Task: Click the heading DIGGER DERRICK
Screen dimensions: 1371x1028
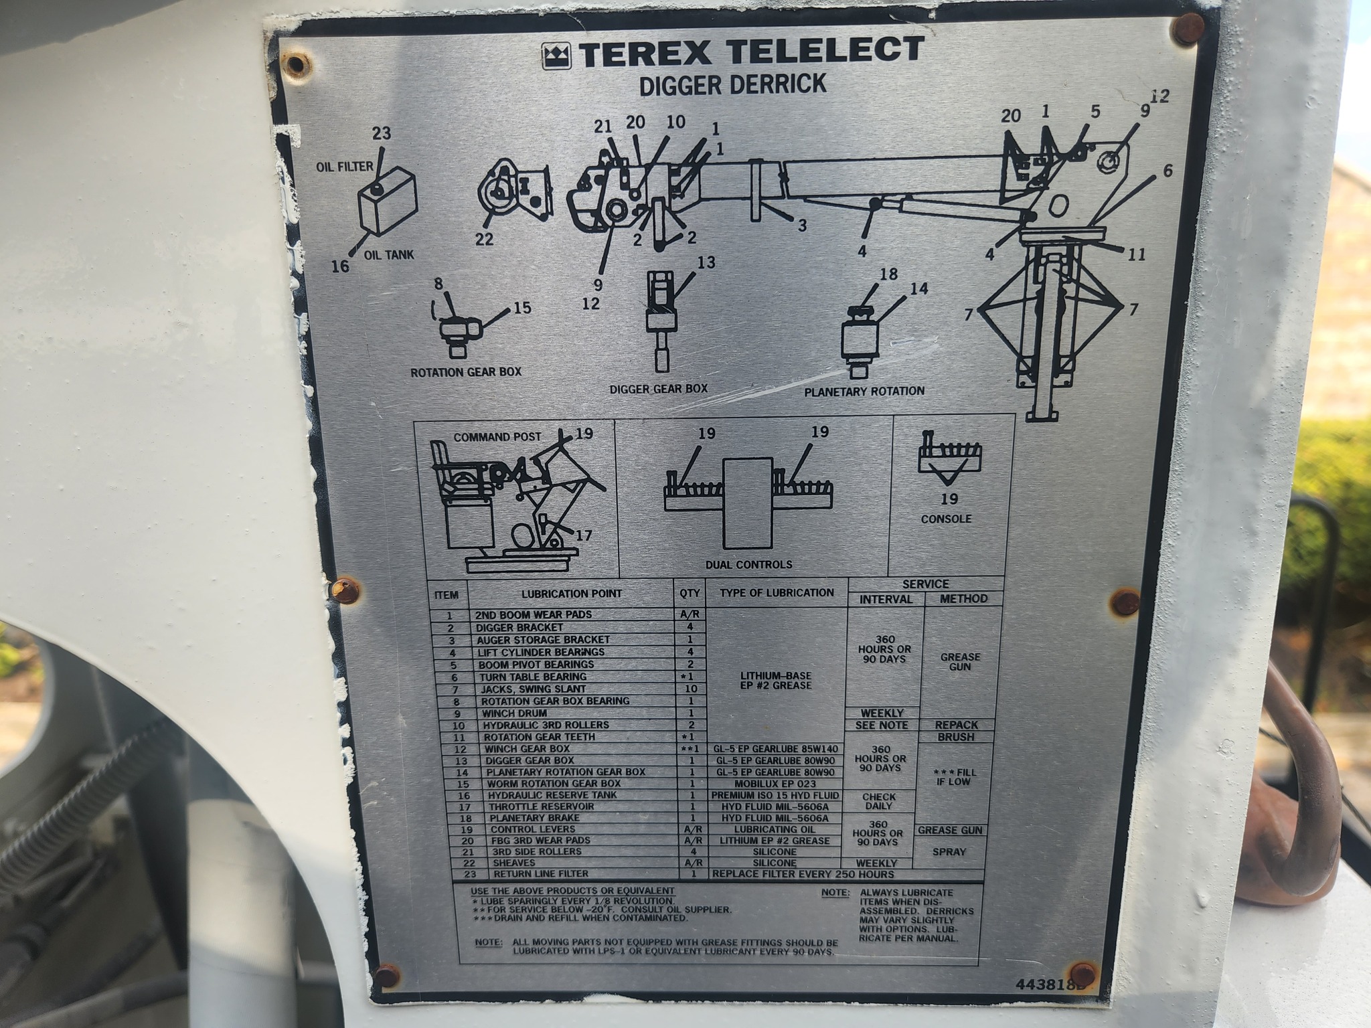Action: [x=732, y=85]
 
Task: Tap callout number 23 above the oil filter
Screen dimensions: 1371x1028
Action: [x=382, y=133]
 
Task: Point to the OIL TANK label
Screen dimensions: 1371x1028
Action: [x=390, y=255]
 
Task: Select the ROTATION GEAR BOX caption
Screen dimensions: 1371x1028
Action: [x=466, y=372]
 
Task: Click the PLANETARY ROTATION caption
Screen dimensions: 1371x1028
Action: [x=864, y=391]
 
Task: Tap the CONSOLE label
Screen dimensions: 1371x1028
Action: [x=946, y=519]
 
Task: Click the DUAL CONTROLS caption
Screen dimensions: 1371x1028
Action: [x=748, y=564]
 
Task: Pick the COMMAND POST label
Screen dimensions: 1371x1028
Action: [x=497, y=437]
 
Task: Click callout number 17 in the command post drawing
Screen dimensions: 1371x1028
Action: [x=584, y=535]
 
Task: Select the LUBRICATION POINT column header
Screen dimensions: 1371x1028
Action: [x=572, y=594]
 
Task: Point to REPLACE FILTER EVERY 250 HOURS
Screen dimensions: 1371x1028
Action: [x=803, y=874]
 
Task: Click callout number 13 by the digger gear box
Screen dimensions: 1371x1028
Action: [x=706, y=262]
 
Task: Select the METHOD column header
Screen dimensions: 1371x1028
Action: [x=963, y=598]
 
